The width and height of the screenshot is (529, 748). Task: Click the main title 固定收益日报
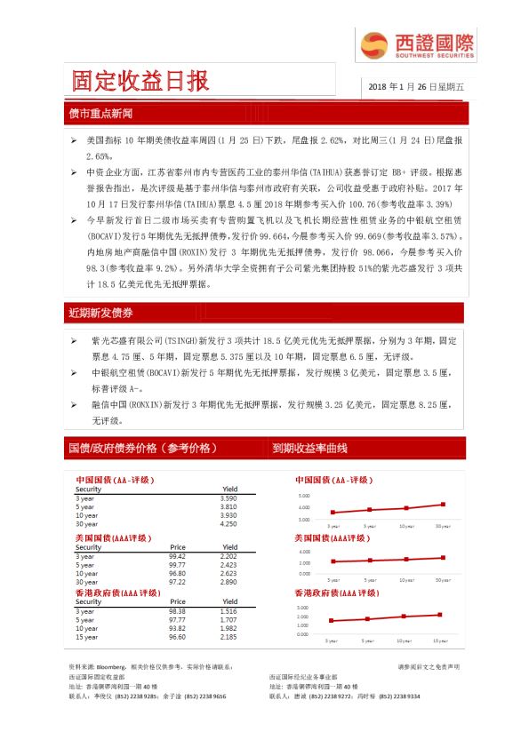tap(141, 82)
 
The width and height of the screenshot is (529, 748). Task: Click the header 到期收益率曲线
tap(309, 448)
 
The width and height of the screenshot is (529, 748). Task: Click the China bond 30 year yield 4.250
tap(228, 524)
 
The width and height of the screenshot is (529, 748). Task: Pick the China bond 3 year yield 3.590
tap(228, 498)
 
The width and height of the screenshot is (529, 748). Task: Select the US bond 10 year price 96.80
tap(178, 573)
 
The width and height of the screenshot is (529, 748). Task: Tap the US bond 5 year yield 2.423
tap(228, 565)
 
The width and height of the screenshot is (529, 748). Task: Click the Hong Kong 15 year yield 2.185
tap(228, 637)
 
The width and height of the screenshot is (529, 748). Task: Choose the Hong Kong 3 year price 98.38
tap(178, 611)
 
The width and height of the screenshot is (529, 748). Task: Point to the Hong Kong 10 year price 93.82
tap(178, 628)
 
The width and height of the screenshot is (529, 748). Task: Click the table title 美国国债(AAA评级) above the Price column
tap(114, 538)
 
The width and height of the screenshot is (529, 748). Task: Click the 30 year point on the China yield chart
tap(442, 505)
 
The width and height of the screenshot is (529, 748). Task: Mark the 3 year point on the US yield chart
tap(333, 561)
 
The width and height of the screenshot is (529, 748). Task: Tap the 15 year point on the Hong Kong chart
tap(439, 615)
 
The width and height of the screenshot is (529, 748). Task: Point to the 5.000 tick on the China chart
tap(305, 495)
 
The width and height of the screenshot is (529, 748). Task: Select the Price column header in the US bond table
tap(178, 547)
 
